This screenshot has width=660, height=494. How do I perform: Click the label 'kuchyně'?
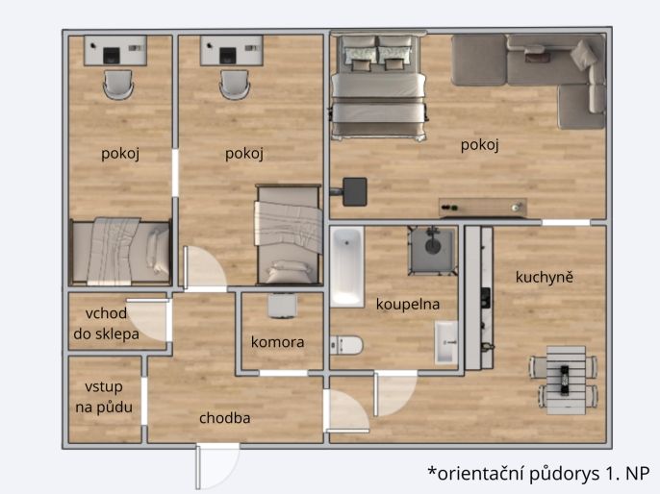tap(545, 278)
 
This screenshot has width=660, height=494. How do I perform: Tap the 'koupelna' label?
tap(408, 304)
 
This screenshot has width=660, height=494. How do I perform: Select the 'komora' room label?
tap(278, 342)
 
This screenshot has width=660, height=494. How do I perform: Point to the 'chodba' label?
tap(225, 418)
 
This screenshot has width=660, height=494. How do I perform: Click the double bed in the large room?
tap(378, 86)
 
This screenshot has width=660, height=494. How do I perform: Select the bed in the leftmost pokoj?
tap(119, 251)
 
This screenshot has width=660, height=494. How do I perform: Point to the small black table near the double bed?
tap(355, 192)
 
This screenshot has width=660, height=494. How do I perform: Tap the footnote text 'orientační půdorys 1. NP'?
tap(538, 473)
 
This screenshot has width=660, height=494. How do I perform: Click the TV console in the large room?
tap(483, 208)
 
